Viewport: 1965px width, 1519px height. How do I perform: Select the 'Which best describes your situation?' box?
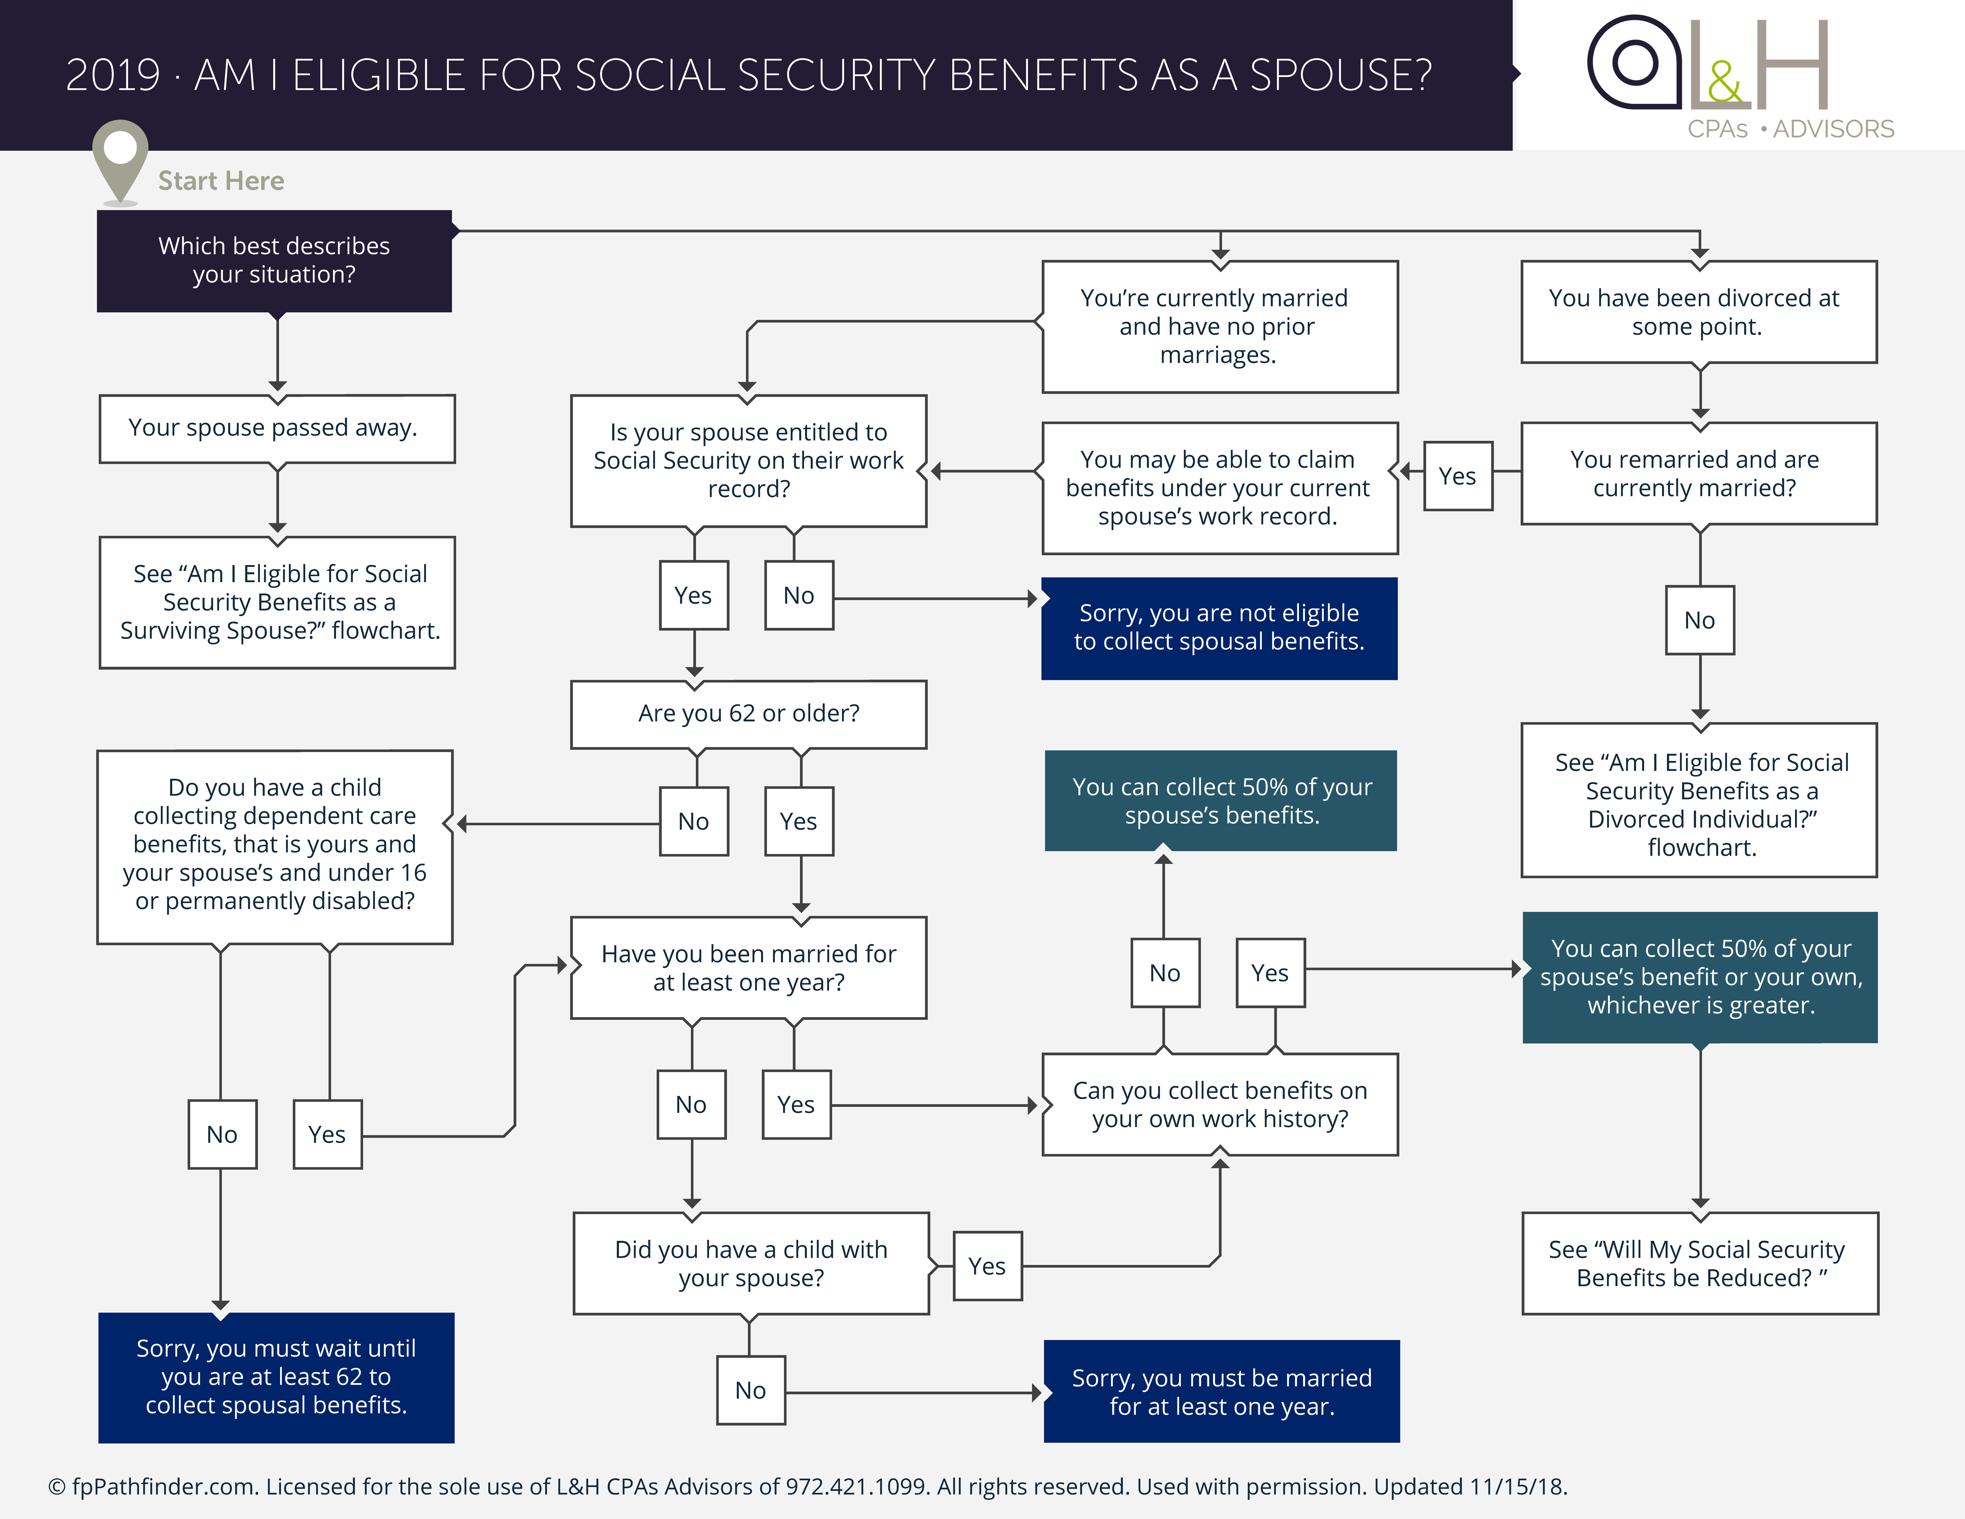[274, 261]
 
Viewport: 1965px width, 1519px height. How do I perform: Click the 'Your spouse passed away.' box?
[277, 428]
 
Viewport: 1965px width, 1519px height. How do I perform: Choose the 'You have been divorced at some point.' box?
[1699, 312]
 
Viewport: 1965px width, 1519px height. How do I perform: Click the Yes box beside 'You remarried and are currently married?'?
[1458, 476]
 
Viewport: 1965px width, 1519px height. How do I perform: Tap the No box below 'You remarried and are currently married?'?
[1700, 621]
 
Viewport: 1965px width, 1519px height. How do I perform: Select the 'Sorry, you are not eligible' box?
[1219, 628]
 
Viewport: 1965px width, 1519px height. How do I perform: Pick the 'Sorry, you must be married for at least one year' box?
[1221, 1391]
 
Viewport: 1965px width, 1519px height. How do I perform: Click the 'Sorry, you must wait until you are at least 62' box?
[276, 1377]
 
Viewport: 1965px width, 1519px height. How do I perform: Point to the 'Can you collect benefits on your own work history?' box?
[1220, 1105]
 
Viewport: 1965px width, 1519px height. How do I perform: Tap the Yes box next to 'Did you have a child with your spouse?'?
[987, 1266]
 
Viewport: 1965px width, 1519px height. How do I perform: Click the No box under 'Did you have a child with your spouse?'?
[750, 1390]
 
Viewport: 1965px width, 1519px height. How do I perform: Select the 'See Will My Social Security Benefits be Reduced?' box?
[1700, 1264]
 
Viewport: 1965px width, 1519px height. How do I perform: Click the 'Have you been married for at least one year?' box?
[749, 968]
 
